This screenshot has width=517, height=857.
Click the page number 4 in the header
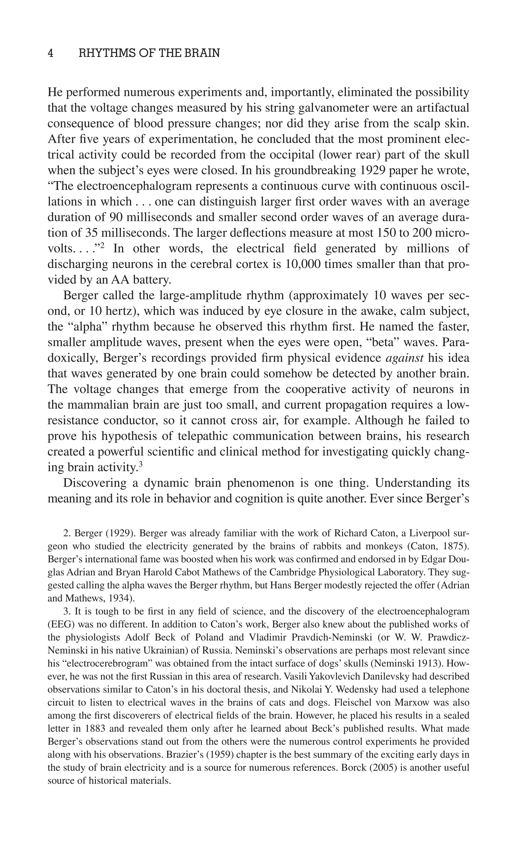pyautogui.click(x=50, y=53)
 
